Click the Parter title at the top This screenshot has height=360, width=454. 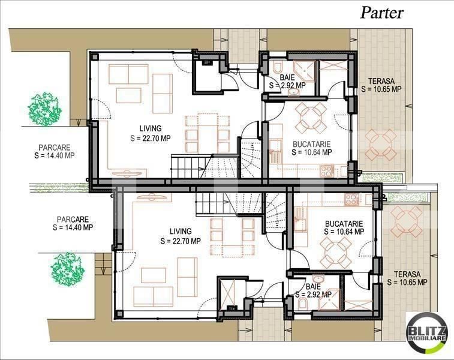tap(381, 13)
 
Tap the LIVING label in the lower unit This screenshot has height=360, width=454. tap(180, 231)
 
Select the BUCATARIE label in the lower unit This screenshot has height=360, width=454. tap(344, 222)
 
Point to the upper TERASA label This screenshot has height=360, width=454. tap(381, 80)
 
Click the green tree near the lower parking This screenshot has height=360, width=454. tap(68, 268)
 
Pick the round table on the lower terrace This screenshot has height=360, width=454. tap(402, 223)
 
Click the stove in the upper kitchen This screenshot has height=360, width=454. tap(327, 170)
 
